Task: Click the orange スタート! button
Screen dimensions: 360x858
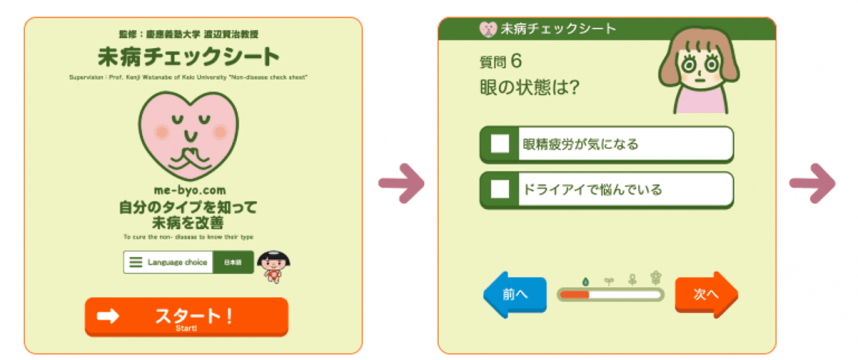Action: (x=187, y=317)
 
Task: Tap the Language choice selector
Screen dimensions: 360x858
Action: (x=168, y=262)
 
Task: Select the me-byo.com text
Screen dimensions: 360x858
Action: (x=187, y=189)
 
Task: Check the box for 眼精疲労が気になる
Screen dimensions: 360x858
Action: (x=500, y=143)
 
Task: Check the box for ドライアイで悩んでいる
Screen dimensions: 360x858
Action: (x=500, y=188)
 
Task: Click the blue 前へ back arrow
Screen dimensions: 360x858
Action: (x=513, y=295)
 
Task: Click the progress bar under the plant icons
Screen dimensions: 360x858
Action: (x=610, y=295)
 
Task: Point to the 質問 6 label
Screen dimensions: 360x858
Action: (x=507, y=63)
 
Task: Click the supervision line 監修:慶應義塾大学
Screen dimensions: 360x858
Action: (x=187, y=32)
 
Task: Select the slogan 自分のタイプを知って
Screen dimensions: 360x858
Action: (x=187, y=207)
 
